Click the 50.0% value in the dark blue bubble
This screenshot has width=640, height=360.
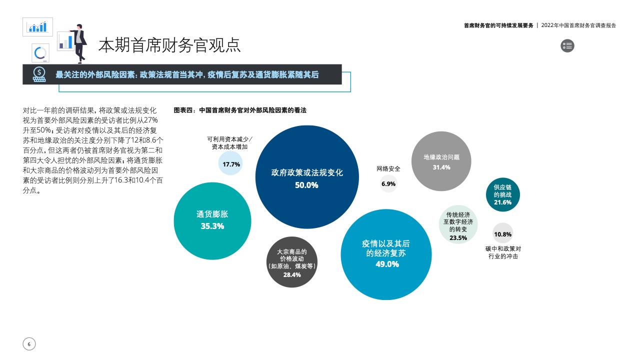click(306, 185)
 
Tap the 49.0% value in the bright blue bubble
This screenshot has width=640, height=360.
click(387, 264)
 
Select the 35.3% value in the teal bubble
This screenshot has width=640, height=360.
click(212, 226)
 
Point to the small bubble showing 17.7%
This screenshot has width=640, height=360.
click(230, 163)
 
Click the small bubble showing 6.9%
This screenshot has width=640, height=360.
click(388, 183)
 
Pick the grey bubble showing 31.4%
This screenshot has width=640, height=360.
click(441, 161)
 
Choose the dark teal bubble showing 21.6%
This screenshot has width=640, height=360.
click(503, 194)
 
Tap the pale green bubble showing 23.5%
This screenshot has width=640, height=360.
click(458, 224)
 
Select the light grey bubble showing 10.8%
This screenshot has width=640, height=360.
click(503, 233)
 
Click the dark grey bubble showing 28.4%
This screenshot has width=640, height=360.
click(291, 262)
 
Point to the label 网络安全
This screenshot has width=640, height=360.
click(388, 169)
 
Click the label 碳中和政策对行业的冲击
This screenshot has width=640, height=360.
click(503, 252)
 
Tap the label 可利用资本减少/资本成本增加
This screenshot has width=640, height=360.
click(229, 143)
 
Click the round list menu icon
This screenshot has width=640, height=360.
click(567, 45)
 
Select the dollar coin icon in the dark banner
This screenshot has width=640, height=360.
click(39, 74)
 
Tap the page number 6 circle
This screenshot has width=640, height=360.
click(29, 344)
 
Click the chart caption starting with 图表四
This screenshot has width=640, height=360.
click(240, 110)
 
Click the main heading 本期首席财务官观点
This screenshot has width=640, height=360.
click(169, 45)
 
